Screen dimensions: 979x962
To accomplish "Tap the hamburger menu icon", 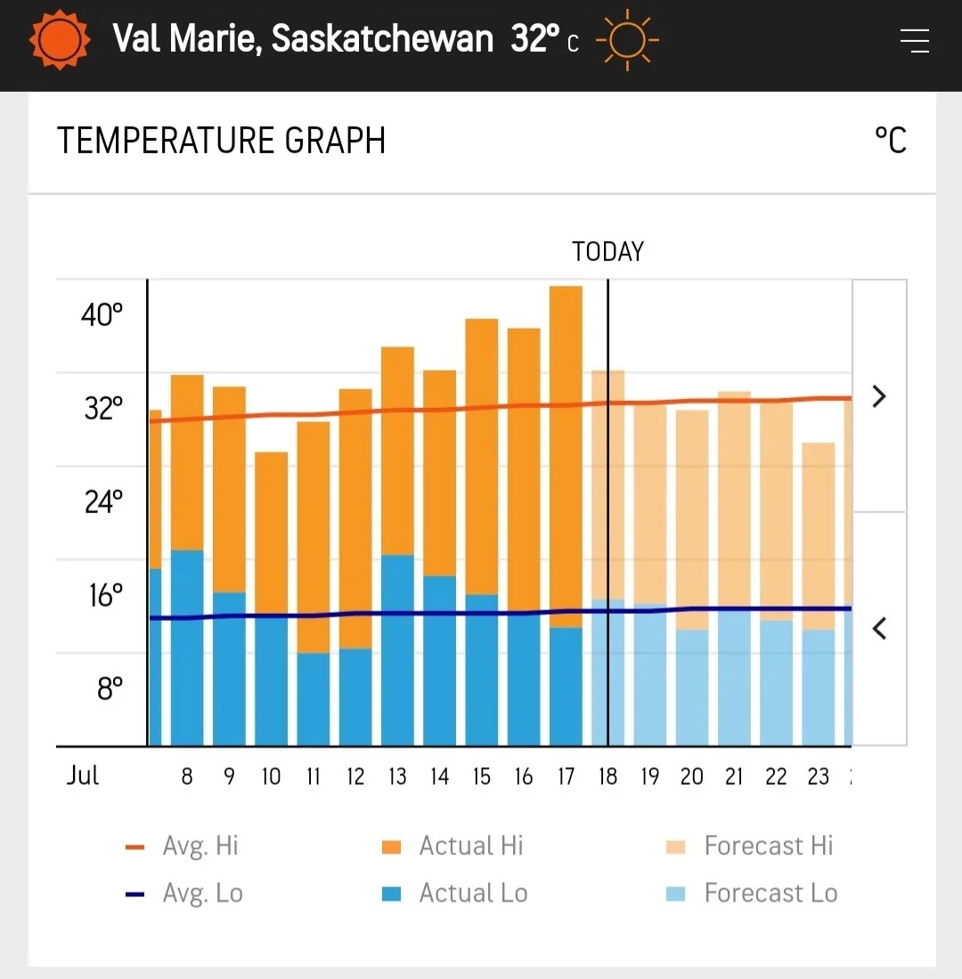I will click(914, 41).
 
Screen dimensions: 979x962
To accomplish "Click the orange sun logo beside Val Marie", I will click(60, 40).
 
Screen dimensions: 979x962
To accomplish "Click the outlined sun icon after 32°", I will click(627, 40).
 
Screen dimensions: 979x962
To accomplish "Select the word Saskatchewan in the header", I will click(382, 39).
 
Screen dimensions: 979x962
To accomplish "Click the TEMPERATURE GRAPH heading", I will click(221, 142).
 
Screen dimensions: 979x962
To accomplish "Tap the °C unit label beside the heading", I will click(890, 141).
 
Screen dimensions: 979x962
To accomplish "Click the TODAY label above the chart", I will click(607, 252).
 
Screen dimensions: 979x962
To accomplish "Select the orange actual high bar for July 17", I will click(566, 454).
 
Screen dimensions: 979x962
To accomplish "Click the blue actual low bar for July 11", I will click(313, 699).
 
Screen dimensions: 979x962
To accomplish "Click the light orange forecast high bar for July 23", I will click(819, 534).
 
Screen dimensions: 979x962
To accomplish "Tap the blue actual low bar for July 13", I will click(397, 650).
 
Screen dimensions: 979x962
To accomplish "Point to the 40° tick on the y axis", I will click(102, 315).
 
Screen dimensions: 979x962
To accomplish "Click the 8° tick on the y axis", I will click(110, 689).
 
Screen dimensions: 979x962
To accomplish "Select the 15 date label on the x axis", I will click(481, 777).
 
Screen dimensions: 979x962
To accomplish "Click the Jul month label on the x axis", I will click(82, 775).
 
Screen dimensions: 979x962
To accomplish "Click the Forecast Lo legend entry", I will click(751, 893).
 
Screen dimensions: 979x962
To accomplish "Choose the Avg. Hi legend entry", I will click(183, 846).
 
